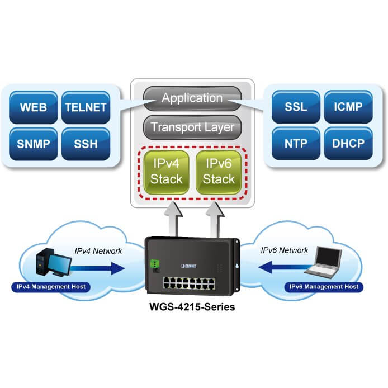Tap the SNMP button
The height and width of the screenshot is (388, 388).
coord(33,144)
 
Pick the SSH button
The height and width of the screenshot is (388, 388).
coord(86,144)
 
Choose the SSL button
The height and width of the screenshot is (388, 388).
coord(296,106)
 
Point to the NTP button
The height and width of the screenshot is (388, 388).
coord(296,143)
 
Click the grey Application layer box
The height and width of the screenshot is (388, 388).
coord(192,98)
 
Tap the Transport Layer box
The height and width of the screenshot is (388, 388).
coord(192,127)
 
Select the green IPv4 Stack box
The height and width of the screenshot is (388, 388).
coord(167,172)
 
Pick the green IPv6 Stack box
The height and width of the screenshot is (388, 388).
coord(219,172)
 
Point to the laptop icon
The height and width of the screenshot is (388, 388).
coord(324,263)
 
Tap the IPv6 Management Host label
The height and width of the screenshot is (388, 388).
coord(324,287)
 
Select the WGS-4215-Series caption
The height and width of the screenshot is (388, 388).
coord(192,307)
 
